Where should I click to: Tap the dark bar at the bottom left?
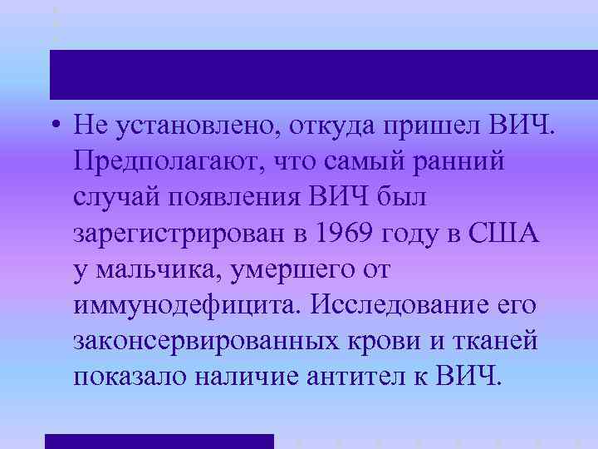coord(158,441)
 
